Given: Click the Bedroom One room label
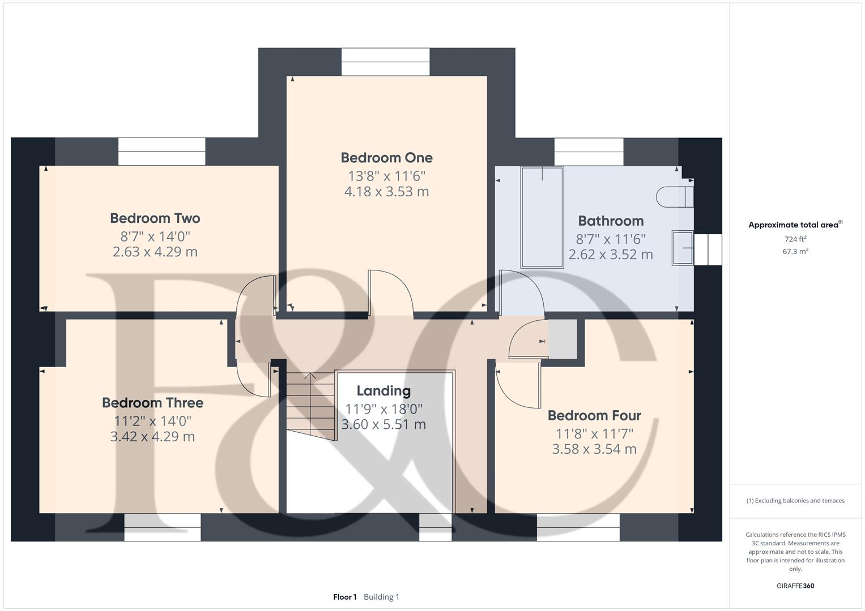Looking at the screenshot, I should (x=386, y=158).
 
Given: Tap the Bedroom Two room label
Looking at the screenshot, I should (x=155, y=218).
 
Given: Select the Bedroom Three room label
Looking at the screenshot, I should (x=152, y=403).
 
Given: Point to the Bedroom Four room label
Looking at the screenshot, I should (x=594, y=416).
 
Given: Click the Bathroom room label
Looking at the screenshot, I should (x=611, y=221).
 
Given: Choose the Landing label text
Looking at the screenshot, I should (x=384, y=391).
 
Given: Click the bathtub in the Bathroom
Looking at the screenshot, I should (x=542, y=217).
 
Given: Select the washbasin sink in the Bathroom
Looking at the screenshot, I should (x=682, y=248).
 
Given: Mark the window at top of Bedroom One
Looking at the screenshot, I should (x=385, y=62).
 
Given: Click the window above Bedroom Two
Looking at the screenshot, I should (x=161, y=152).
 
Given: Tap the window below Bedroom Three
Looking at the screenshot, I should (x=163, y=527).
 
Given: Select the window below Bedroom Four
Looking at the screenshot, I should (x=578, y=527).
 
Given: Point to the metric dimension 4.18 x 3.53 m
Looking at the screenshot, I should (x=386, y=192).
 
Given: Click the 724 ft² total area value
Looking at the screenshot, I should (x=795, y=239).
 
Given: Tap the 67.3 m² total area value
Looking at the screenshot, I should (x=795, y=252).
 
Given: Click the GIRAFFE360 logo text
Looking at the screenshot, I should (x=795, y=586).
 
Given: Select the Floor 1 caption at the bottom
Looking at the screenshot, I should (x=344, y=597).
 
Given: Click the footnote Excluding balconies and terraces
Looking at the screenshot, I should (x=795, y=501).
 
